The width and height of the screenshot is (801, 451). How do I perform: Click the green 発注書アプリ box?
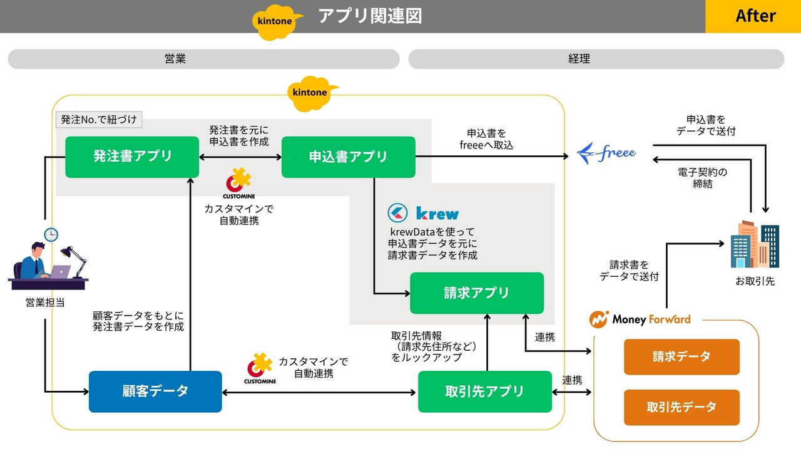132,157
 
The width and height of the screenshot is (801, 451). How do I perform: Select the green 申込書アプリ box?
349,157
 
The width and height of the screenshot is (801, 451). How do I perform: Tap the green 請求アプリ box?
477,293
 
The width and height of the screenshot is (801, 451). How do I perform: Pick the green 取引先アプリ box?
485,391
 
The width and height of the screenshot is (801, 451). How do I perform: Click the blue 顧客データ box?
155,391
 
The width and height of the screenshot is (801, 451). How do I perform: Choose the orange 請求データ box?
681,357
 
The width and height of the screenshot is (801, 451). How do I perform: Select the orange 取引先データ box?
681,407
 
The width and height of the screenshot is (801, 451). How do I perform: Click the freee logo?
606,152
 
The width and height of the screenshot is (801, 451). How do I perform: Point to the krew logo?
424,213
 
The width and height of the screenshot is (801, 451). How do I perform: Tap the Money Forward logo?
640,319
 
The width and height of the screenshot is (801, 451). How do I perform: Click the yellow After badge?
753,16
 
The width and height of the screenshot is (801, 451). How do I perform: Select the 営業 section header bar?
203,59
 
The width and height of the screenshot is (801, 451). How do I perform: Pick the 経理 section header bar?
596,59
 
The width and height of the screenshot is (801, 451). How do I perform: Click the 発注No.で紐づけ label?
99,119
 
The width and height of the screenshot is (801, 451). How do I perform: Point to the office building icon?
755,244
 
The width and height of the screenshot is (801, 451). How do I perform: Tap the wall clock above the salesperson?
51,235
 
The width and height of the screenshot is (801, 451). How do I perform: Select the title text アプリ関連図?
369,16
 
